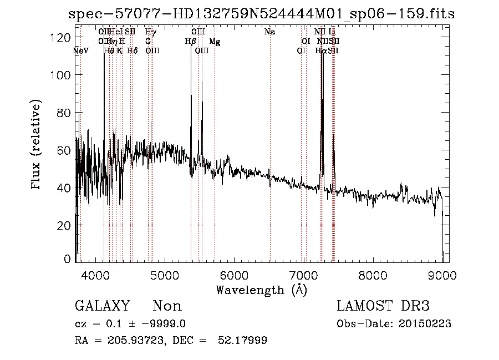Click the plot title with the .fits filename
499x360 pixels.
point(261,14)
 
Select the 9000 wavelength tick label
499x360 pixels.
point(442,273)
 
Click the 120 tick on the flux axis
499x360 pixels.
point(63,37)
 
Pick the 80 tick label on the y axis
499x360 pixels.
point(66,113)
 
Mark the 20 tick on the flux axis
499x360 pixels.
point(66,225)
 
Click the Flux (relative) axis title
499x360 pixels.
point(37,146)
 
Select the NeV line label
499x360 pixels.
point(81,51)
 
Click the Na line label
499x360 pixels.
point(270,32)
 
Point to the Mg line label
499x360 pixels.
point(215,42)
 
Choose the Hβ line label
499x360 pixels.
point(190,42)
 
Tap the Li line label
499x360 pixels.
point(332,32)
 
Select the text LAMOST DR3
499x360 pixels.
point(383,306)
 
